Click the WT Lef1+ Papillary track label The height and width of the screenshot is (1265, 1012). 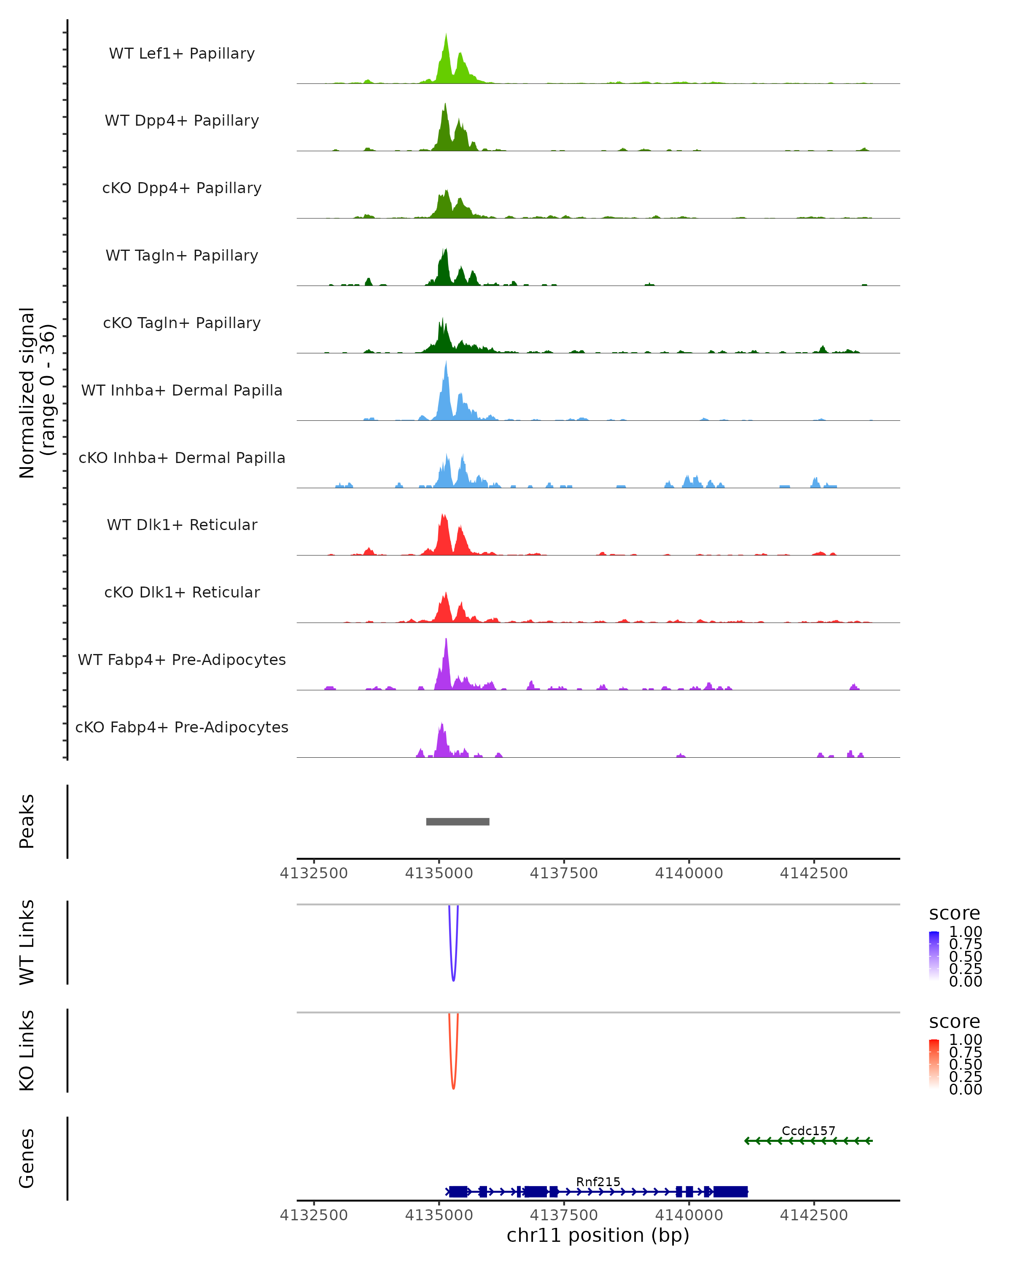182,54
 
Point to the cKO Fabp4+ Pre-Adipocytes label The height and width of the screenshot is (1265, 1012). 182,727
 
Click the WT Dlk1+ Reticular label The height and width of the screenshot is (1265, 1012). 182,525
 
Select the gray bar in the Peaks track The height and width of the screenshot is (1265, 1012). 458,821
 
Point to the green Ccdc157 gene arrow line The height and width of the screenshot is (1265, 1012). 808,1141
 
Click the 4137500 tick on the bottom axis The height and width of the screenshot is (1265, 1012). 564,1215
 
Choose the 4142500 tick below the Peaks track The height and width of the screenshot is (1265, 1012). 814,873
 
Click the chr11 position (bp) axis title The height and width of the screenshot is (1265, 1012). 598,1235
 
